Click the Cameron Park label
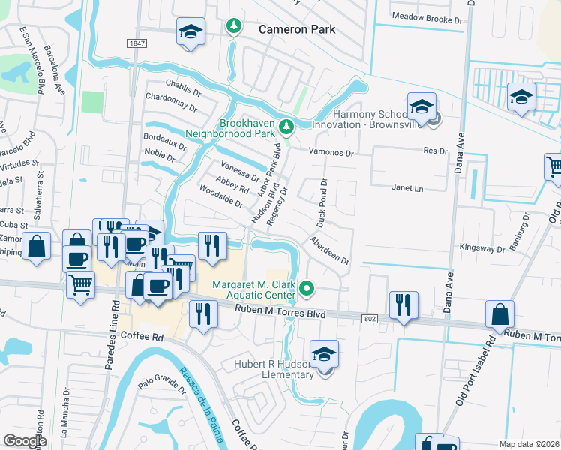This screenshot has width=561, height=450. pyautogui.click(x=296, y=29)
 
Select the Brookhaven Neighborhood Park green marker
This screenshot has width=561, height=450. pyautogui.click(x=285, y=125)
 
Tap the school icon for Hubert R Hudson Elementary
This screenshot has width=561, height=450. pyautogui.click(x=324, y=354)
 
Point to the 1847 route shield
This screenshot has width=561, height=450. pyautogui.click(x=136, y=44)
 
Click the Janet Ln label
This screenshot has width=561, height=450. pyautogui.click(x=407, y=188)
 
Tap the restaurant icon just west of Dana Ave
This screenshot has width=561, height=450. pyautogui.click(x=403, y=304)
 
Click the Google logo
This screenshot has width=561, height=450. pyautogui.click(x=25, y=441)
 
